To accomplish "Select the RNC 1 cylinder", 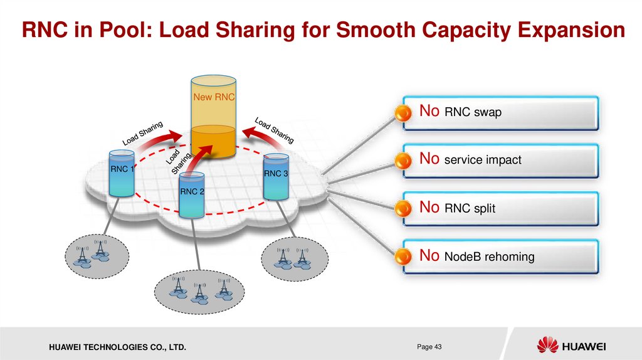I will tap(121, 172).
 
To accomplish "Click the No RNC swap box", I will tap(500, 113).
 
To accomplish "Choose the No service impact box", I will tap(500, 160).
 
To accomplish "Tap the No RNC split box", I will tap(500, 208).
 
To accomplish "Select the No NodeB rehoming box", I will tap(500, 256).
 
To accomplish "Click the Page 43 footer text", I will tap(429, 346).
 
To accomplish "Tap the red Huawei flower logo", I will tap(547, 345).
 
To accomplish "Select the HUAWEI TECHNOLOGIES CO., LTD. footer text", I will tap(113, 347).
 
